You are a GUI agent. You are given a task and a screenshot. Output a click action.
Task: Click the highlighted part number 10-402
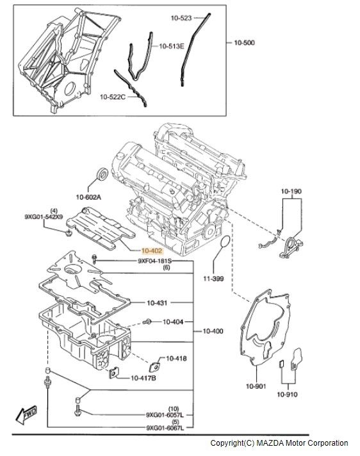pos(152,251)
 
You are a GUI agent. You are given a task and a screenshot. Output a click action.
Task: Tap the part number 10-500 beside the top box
pos(244,43)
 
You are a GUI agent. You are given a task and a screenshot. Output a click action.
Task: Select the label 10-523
pos(181,18)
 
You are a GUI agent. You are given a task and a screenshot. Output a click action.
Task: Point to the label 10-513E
pos(172,46)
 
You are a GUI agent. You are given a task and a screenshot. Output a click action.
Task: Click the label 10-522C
pos(113,97)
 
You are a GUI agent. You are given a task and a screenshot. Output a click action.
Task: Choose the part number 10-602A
pos(88,197)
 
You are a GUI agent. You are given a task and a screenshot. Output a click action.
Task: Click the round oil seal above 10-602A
pos(102,174)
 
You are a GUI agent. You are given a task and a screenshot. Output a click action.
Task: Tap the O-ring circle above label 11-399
pos(224,241)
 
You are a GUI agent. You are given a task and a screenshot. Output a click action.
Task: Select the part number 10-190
pos(291,191)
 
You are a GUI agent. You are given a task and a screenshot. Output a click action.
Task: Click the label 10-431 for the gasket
pos(157,303)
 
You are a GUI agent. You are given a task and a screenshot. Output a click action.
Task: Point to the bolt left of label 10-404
pos(147,322)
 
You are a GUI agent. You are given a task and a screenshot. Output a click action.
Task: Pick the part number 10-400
pos(213,331)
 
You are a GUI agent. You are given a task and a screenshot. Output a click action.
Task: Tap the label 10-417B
pos(143,378)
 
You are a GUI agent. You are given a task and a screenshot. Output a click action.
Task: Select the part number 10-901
pos(256,386)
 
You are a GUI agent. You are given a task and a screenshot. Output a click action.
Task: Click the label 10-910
pos(287,395)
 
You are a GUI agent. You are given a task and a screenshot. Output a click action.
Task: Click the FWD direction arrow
pos(26,415)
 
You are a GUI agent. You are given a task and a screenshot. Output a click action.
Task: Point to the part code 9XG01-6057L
pos(165,415)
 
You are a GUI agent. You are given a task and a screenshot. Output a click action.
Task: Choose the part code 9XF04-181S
pos(155,261)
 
